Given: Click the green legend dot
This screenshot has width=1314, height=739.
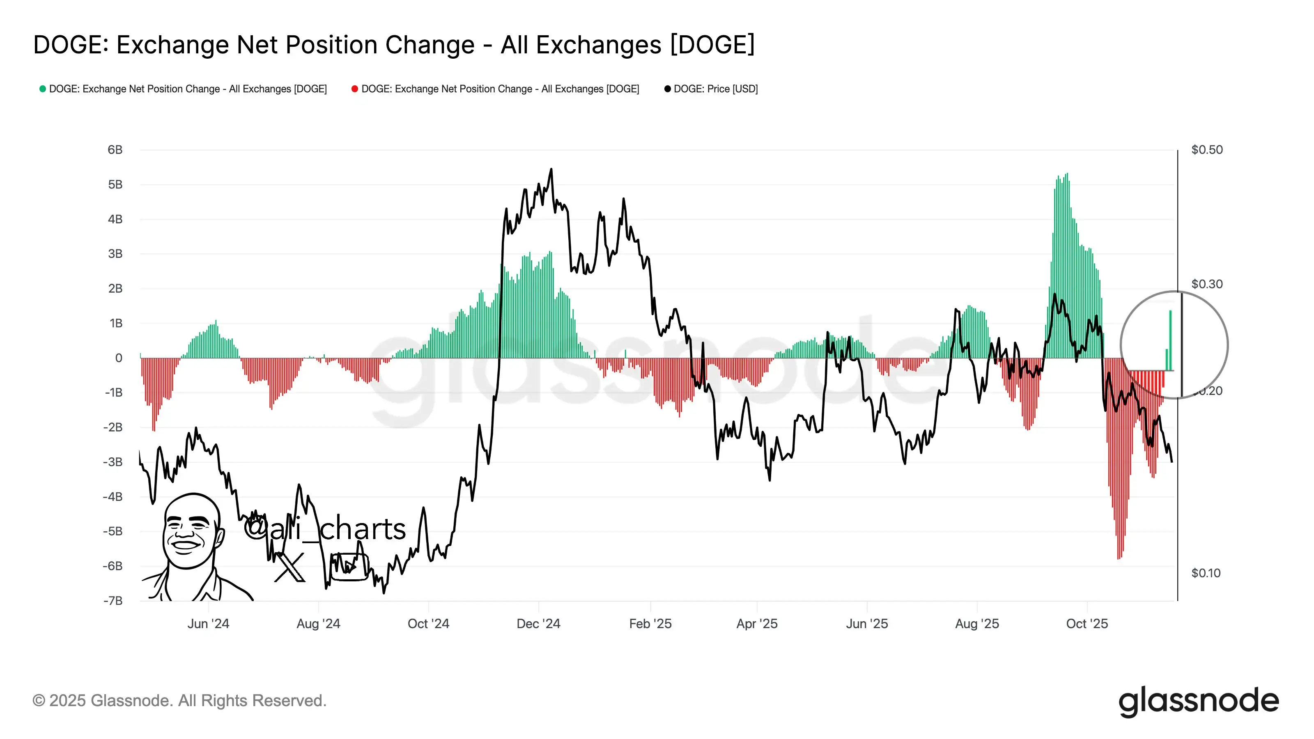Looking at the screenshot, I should point(43,89).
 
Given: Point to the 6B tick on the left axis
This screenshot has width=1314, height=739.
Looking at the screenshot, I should point(115,150).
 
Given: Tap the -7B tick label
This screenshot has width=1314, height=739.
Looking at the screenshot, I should point(113,601).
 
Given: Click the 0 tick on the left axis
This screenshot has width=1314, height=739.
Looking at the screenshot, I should point(118,358).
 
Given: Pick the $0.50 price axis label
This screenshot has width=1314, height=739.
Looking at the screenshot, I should point(1206,150).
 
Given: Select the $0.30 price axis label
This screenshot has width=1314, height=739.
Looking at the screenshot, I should point(1206,284).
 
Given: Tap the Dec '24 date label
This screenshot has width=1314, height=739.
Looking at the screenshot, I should point(538,624).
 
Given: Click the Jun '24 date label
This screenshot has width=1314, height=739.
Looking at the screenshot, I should point(208,624).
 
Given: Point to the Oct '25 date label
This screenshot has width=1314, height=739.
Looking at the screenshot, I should point(1087,624).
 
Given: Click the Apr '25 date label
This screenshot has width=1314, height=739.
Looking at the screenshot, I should point(756,624).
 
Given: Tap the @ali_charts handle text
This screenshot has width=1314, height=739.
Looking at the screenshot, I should point(325,529).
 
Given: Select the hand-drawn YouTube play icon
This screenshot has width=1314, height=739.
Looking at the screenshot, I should point(349,567).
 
